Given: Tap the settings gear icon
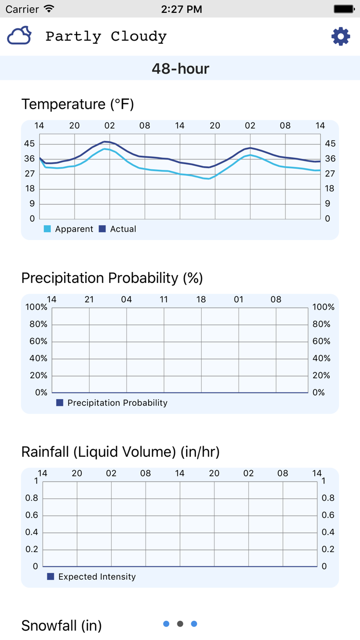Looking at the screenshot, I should point(340,37).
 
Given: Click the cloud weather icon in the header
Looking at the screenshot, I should point(20,36).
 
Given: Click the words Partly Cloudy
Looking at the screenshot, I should point(106,37).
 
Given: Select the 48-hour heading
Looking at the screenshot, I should point(180,68).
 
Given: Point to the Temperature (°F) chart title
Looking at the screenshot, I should point(78,104).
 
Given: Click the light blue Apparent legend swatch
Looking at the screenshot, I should point(47,229).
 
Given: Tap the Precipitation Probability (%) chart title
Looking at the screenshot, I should point(112,278).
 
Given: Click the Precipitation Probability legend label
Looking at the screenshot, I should point(117,403).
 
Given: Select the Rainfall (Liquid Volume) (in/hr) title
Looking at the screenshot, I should point(120,452).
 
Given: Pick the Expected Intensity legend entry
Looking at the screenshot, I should point(97,577).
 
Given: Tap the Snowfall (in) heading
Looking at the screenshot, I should point(61,626).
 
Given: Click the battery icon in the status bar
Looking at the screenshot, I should point(344,9).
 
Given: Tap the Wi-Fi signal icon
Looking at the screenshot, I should point(49,9).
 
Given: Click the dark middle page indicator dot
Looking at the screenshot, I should point(180,624).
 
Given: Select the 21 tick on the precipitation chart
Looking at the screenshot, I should point(89,299).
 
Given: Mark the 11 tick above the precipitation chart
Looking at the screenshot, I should point(164,299).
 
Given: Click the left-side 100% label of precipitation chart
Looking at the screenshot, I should point(37,307).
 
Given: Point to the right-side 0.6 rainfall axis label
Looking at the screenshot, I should point(328,515).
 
